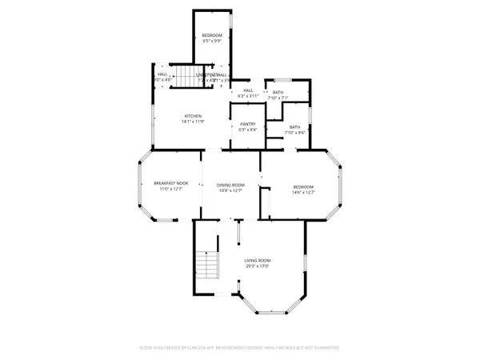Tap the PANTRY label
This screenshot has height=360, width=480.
(247, 124)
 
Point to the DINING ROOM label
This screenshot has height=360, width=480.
(230, 185)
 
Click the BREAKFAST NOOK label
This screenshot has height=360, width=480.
(170, 184)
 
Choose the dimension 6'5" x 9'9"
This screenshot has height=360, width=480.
(212, 41)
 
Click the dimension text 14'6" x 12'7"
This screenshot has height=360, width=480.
(303, 191)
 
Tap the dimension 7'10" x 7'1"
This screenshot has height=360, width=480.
(278, 98)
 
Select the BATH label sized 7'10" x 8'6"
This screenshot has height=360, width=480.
(295, 126)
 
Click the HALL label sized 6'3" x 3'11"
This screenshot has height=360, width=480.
(248, 90)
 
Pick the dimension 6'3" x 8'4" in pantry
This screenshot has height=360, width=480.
(247, 130)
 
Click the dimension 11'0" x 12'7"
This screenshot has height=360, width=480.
(170, 190)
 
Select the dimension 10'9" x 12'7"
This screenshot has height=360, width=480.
(230, 191)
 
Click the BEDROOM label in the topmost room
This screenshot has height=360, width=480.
(212, 35)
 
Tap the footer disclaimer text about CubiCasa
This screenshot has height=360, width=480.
(240, 348)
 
